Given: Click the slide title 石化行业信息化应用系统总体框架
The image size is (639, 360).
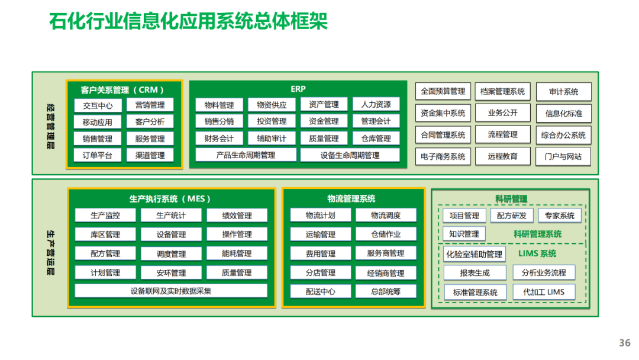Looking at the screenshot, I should (x=188, y=22).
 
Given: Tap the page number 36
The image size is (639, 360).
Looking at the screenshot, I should (x=625, y=343).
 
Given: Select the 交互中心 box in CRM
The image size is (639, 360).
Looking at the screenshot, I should (x=98, y=105).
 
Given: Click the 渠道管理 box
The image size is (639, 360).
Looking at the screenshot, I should (x=150, y=156).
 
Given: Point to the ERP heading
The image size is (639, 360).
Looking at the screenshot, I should (x=298, y=89).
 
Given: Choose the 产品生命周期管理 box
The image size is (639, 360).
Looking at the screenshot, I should (x=246, y=155).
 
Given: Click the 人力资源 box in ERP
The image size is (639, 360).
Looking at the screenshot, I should (x=376, y=105).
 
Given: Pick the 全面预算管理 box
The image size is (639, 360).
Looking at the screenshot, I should (x=443, y=92).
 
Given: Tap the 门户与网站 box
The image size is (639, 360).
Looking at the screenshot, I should (x=563, y=157).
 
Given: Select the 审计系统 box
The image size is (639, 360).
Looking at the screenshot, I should (x=563, y=92).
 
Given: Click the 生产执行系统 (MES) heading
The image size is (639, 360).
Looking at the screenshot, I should (x=170, y=199).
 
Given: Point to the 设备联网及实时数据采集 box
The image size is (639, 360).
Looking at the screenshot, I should (x=171, y=291).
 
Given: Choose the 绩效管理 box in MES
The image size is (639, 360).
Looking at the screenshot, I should (x=237, y=216).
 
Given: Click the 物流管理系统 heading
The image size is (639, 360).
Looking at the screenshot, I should (x=351, y=199).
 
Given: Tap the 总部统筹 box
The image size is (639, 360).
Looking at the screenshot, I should (x=386, y=291).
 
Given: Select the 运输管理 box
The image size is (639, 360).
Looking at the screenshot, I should (x=320, y=234).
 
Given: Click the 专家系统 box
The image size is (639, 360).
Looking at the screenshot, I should (x=560, y=216).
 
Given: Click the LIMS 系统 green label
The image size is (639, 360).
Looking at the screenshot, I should (x=537, y=254).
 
